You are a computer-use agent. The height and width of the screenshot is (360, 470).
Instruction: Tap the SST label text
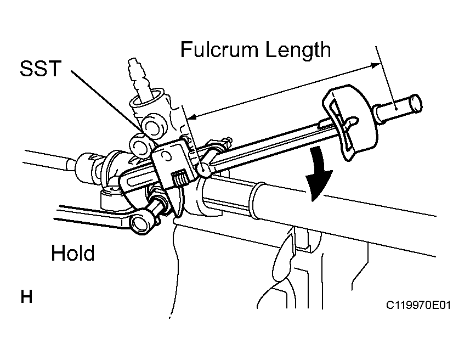click(41, 69)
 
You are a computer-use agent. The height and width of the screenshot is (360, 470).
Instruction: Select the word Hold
click(73, 253)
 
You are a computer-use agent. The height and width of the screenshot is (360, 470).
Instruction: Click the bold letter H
click(26, 297)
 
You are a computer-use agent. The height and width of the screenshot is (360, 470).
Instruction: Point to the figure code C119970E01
click(418, 305)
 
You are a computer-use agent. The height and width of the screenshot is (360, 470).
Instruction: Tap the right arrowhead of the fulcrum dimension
click(375, 65)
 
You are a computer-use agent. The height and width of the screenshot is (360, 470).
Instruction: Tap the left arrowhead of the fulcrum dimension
click(192, 116)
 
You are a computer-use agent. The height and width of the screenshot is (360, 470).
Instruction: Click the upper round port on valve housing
click(154, 126)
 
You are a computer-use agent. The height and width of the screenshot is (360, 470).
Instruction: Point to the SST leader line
click(107, 101)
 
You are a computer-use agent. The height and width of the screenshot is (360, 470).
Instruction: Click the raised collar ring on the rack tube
click(257, 200)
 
